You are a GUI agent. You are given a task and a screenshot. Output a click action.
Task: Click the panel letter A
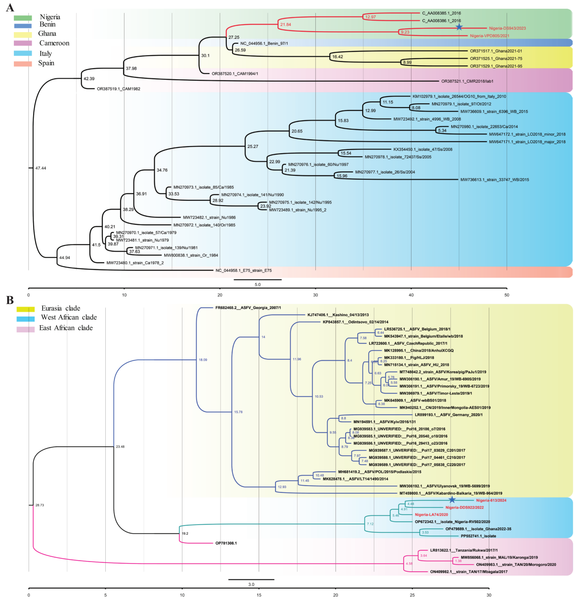coord(10,7)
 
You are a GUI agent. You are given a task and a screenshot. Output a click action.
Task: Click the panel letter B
coord(10,300)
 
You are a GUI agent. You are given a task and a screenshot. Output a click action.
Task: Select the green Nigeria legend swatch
coord(23,18)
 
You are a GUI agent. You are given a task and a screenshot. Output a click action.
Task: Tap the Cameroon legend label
coord(54,43)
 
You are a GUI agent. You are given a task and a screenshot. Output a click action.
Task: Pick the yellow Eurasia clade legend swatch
coord(25,309)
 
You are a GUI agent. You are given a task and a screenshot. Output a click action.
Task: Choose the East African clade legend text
coord(66,328)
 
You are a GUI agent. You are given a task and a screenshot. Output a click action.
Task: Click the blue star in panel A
coord(459,27)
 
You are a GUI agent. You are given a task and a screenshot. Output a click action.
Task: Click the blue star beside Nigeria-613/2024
coord(452,500)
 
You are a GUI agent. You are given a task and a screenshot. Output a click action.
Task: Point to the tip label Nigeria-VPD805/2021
coord(489,36)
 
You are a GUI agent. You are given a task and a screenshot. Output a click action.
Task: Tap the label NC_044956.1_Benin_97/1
coord(264,44)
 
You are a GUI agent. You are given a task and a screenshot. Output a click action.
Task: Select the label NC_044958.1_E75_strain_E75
coord(243,270)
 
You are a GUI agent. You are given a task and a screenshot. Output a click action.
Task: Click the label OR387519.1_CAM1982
coord(118,89)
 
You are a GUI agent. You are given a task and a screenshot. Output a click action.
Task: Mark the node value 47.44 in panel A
coord(40,168)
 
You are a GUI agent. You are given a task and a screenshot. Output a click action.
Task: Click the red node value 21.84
coord(285,24)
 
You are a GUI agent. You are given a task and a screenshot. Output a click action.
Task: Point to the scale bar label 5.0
coord(258,284)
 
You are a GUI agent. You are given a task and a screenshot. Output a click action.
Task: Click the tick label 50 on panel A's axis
coord(507,295)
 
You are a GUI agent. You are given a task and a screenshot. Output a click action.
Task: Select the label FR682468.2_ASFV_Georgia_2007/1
coord(248,308)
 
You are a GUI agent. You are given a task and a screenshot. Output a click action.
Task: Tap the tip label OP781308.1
coord(226,543)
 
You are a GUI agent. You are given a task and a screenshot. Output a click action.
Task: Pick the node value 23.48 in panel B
coord(120,447)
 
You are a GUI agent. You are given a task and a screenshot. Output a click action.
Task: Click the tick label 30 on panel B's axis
coord(489,595)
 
